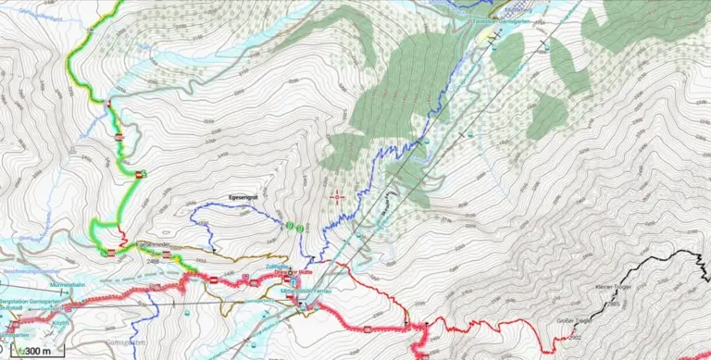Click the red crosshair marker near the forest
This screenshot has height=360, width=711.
pyautogui.click(x=337, y=195)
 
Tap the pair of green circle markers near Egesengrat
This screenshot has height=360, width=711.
pyautogui.click(x=294, y=225)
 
